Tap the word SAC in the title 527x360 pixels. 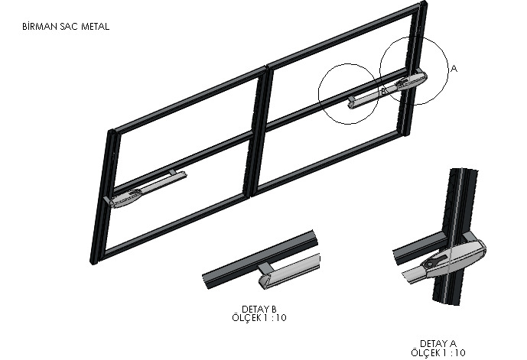tap(70, 27)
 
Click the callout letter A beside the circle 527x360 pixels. tap(454, 69)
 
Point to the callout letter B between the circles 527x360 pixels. tap(382, 92)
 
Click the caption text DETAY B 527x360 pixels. tap(259, 309)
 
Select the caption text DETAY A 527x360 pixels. tap(438, 343)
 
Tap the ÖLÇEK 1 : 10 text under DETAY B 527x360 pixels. tap(259, 317)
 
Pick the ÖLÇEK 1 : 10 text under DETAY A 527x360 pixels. tap(438, 352)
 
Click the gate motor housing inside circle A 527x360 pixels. tap(411, 80)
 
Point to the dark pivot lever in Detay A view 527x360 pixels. tap(435, 262)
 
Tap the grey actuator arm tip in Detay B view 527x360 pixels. tap(289, 271)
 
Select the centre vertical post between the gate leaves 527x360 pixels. tap(259, 131)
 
